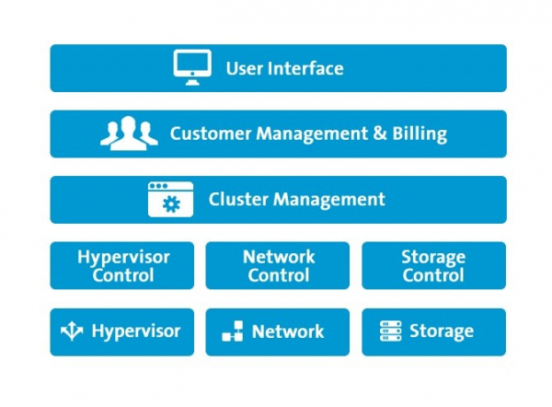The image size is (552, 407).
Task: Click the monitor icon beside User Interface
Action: (192, 68)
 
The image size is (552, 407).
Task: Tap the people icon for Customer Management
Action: (129, 134)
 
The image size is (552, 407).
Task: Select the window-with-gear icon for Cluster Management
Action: (171, 199)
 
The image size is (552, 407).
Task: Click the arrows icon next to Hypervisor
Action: (72, 331)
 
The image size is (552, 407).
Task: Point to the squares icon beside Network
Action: (233, 332)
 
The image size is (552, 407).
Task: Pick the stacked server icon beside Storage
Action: (391, 331)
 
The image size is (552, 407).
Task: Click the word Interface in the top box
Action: (305, 68)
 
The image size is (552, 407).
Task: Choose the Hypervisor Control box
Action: (122, 265)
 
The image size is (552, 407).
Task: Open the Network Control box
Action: (278, 265)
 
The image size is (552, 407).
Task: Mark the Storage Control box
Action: (433, 265)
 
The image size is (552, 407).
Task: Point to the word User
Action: (245, 68)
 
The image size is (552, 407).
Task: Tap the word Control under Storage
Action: (433, 274)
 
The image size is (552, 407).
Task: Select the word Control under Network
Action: (278, 274)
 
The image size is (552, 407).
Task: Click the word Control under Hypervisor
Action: (122, 274)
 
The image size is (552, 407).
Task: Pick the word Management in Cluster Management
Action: (328, 199)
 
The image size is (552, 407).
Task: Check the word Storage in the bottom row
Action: (442, 331)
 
